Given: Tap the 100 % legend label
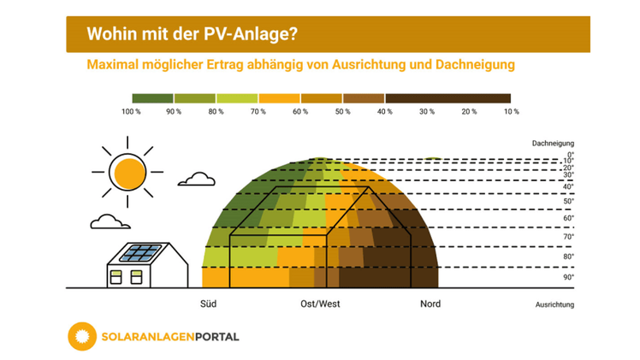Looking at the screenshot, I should click(x=131, y=112).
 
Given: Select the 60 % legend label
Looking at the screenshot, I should click(x=299, y=112).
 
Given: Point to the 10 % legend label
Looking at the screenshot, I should click(x=511, y=112).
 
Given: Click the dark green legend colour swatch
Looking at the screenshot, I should click(x=152, y=98).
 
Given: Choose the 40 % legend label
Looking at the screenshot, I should click(x=384, y=112).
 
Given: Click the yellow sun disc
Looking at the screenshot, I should click(x=130, y=174).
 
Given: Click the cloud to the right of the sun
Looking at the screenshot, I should click(x=199, y=179).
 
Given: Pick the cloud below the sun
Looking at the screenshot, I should click(x=110, y=221).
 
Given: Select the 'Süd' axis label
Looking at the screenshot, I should click(x=208, y=304).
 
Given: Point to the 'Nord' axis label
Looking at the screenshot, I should click(x=430, y=304).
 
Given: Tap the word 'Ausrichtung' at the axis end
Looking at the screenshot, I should click(x=554, y=304).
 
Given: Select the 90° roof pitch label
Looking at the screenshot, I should click(x=568, y=277).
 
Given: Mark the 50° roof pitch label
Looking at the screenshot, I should click(x=568, y=202).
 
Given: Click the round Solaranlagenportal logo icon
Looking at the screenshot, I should click(x=83, y=336).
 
